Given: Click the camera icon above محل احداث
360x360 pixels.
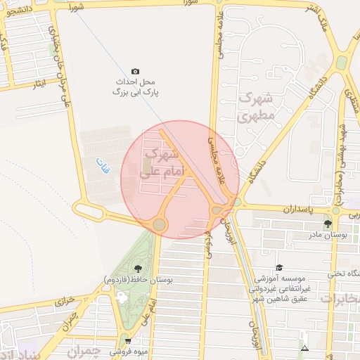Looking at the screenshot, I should point(135,71).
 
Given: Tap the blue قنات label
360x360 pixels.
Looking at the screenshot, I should point(103,167).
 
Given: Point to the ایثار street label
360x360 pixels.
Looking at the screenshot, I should point(42,83).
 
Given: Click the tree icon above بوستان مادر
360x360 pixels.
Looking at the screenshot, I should point(328,224).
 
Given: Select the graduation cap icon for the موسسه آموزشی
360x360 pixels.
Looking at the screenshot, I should point(279,267).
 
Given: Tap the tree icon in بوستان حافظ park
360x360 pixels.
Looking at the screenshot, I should point(136,268).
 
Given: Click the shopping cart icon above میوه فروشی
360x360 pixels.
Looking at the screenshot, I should point(127,338).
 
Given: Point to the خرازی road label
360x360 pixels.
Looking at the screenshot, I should point(65,300).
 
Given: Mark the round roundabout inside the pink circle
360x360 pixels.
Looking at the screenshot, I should point(160,224).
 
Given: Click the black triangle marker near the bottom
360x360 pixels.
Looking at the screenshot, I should point(304,348).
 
